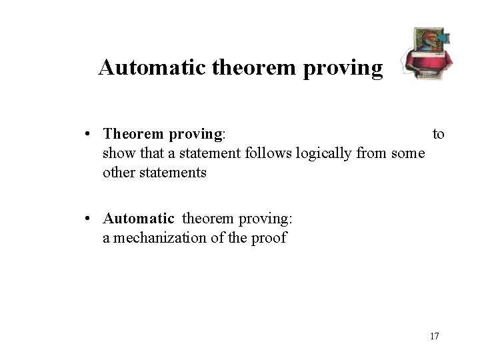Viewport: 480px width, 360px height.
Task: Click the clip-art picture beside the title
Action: point(429,54)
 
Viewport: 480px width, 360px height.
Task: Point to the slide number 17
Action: point(435,336)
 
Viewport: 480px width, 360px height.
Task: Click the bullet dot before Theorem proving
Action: point(89,134)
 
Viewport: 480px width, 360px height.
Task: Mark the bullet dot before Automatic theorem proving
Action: point(89,219)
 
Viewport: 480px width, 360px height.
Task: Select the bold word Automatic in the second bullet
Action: point(139,219)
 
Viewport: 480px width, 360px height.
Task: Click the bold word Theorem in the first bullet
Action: point(133,134)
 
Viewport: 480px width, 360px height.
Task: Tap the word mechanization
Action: point(161,238)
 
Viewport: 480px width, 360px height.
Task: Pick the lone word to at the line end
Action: point(438,134)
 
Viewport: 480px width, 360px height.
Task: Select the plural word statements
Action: point(173,173)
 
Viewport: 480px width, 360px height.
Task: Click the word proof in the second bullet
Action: point(269,238)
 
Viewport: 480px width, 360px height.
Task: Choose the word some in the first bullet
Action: point(408,153)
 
